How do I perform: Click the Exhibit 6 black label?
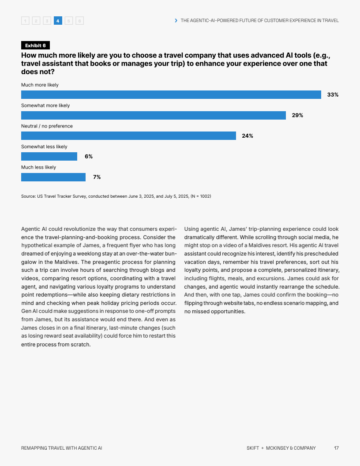pyautogui.click(x=35, y=45)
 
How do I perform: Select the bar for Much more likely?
pyautogui.click(x=171, y=94)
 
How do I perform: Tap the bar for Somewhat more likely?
pyautogui.click(x=153, y=115)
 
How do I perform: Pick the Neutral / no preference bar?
pyautogui.click(x=128, y=136)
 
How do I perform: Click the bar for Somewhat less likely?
pyautogui.click(x=49, y=156)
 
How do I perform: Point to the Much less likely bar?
pyautogui.click(x=53, y=177)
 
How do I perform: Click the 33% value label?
pyautogui.click(x=333, y=94)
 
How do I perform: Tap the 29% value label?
pyautogui.click(x=297, y=115)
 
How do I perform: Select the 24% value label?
pyautogui.click(x=247, y=136)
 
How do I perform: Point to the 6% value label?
pyautogui.click(x=89, y=156)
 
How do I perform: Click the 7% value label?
pyautogui.click(x=97, y=177)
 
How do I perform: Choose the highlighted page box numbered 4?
pyautogui.click(x=58, y=20)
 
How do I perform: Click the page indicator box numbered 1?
pyautogui.click(x=25, y=20)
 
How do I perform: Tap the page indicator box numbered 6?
pyautogui.click(x=79, y=20)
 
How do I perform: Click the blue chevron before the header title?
pyautogui.click(x=176, y=20)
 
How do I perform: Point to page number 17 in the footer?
pyautogui.click(x=336, y=448)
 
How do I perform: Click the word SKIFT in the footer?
pyautogui.click(x=253, y=448)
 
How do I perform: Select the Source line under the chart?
pyautogui.click(x=116, y=196)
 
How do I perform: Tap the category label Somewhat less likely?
pyautogui.click(x=44, y=147)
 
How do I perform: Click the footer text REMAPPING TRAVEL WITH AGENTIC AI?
pyautogui.click(x=61, y=448)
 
